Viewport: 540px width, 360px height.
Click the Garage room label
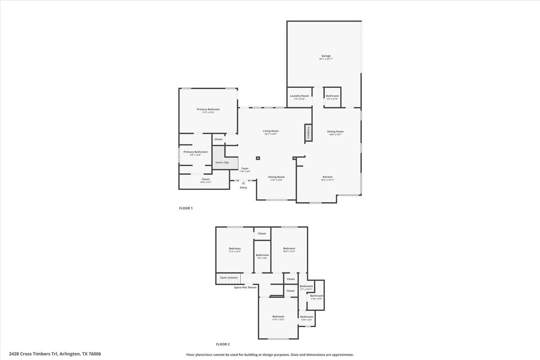coord(326,56)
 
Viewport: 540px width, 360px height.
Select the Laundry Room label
coord(299,96)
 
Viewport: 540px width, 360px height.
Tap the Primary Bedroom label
coord(208,109)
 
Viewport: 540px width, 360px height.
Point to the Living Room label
coord(271,131)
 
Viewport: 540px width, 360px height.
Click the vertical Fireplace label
coord(308,132)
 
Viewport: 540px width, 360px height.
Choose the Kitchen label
coord(327,177)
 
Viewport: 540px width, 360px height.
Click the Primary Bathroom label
coord(195,152)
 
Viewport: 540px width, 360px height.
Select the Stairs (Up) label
coord(222,162)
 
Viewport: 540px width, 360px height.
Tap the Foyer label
coord(244,169)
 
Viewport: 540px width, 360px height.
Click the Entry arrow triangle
coord(243,183)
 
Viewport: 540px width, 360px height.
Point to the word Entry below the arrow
coord(243,188)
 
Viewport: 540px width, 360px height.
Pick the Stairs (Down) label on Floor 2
coord(229,278)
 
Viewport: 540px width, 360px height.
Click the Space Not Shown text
coord(245,287)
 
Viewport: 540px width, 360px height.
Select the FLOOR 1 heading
coord(186,208)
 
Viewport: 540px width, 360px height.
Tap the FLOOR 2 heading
coord(223,344)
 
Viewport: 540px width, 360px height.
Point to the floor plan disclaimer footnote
coord(270,355)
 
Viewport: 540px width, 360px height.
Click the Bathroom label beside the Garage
coord(333,96)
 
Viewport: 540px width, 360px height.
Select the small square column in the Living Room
coord(258,158)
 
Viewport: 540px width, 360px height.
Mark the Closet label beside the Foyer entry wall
coord(206,179)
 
